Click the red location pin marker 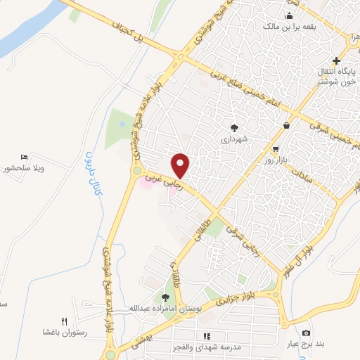pos(181,165)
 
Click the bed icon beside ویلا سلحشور pos(25,157)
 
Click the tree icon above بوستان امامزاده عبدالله pos(165,298)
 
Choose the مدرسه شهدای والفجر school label pos(206,347)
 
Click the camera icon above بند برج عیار pos(305,333)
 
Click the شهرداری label pos(235,139)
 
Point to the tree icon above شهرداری pos(234,127)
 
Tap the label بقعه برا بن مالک pos(288,27)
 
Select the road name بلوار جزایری pos(237,299)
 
